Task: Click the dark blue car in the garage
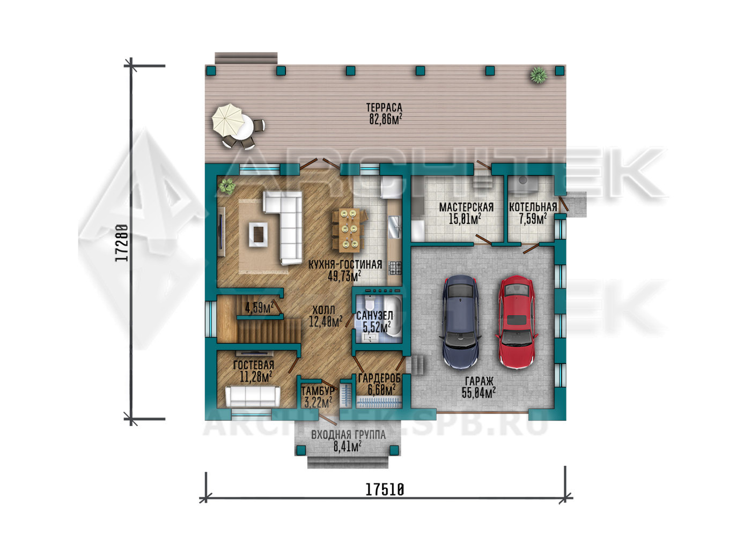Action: (461, 322)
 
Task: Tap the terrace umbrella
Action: (229, 120)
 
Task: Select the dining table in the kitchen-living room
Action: (349, 230)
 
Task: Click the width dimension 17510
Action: (385, 490)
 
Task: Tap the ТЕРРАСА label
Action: (384, 108)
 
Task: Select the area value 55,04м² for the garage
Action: (478, 393)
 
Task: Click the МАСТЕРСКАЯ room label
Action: (466, 207)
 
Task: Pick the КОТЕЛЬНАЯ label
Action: (533, 207)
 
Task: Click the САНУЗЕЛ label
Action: (374, 315)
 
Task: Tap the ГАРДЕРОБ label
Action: (380, 378)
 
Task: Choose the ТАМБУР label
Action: (318, 391)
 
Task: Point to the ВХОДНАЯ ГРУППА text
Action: (348, 435)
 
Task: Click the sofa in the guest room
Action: (253, 396)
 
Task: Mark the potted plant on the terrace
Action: (539, 74)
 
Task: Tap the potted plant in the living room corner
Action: (226, 186)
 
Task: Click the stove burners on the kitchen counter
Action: (395, 267)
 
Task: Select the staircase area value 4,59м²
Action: (259, 307)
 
